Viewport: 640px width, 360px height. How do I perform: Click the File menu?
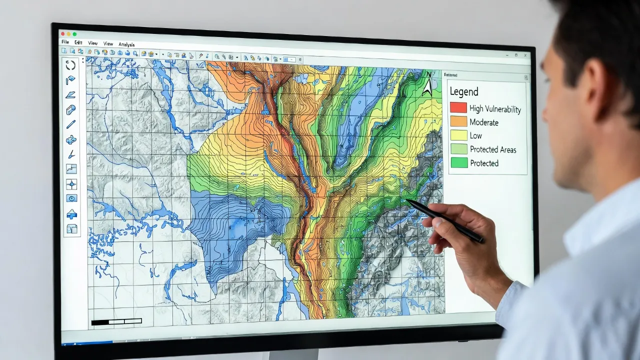pyautogui.click(x=65, y=42)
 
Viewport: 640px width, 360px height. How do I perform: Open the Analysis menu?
pyautogui.click(x=127, y=44)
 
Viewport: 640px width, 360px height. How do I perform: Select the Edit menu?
pyautogui.click(x=78, y=43)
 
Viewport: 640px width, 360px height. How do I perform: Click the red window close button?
pyautogui.click(x=62, y=33)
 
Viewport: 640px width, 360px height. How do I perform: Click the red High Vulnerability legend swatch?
pyautogui.click(x=458, y=107)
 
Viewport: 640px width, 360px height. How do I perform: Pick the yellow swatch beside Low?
pyautogui.click(x=458, y=135)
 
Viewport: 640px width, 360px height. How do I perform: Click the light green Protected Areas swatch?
pyautogui.click(x=458, y=149)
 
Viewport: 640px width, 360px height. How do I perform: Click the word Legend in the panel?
pyautogui.click(x=463, y=91)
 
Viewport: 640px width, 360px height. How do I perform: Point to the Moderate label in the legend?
pyautogui.click(x=483, y=122)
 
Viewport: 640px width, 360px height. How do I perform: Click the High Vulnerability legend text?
pyautogui.click(x=495, y=109)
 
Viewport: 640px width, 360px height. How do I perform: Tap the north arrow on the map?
pyautogui.click(x=427, y=84)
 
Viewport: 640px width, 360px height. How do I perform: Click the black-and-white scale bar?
pyautogui.click(x=116, y=321)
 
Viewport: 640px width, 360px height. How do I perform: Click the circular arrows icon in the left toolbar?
pyautogui.click(x=70, y=65)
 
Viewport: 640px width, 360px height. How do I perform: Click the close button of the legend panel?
pyautogui.click(x=525, y=77)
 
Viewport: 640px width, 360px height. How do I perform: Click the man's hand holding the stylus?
pyautogui.click(x=455, y=230)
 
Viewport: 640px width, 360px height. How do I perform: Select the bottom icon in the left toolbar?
pyautogui.click(x=72, y=229)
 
